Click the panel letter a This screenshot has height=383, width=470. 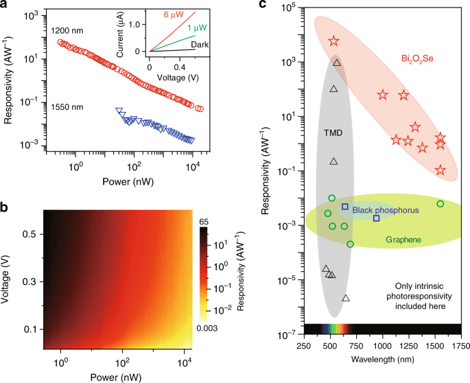point(5,5)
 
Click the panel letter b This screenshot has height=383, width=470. point(5,204)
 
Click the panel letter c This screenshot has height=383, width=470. point(262,5)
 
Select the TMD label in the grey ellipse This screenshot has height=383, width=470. point(333,132)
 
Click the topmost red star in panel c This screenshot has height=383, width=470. point(333,41)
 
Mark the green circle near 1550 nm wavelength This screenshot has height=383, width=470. point(440,204)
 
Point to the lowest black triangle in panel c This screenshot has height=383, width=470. point(346,298)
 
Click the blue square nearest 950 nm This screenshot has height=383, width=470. point(376,218)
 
